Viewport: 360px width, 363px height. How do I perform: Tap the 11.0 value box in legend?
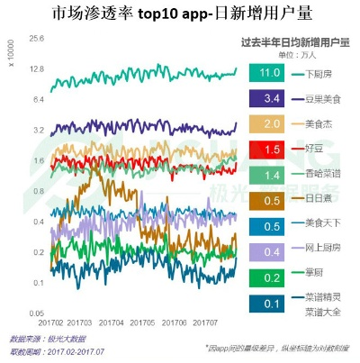(266, 71)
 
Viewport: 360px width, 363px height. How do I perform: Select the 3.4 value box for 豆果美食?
(266, 97)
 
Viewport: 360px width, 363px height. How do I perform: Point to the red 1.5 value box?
(266, 148)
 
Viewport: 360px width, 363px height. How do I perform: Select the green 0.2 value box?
(266, 279)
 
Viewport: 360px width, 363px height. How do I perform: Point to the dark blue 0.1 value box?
(266, 304)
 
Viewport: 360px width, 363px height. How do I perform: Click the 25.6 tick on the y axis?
(37, 39)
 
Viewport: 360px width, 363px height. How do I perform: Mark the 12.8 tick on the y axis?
(37, 69)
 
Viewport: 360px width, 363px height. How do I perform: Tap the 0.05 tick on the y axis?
(37, 313)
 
